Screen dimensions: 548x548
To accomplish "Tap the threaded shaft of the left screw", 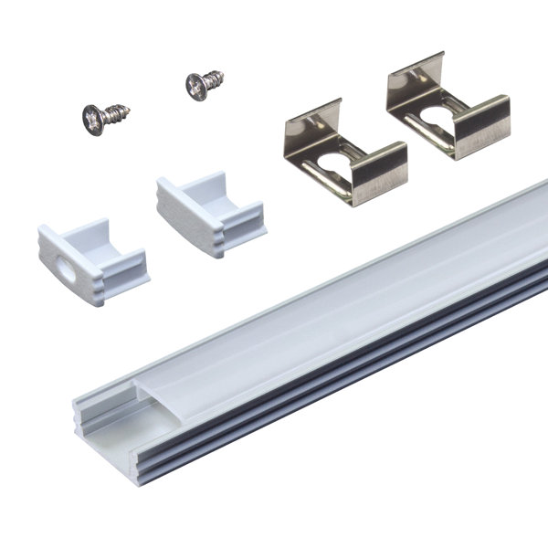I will [117, 114].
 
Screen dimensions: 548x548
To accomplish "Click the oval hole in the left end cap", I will [65, 271].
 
